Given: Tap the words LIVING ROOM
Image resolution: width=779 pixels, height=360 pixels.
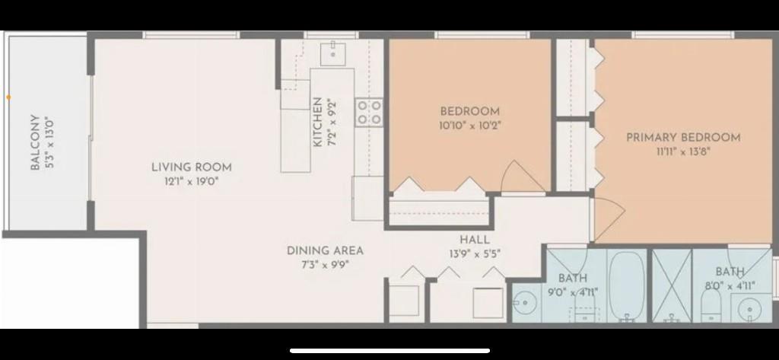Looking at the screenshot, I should coord(191,167).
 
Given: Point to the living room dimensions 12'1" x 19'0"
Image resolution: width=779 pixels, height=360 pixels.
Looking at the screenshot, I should coord(191,181).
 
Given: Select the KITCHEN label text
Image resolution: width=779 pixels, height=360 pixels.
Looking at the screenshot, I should coord(317,122).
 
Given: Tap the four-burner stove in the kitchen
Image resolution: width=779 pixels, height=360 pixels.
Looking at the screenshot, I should coord(370,113).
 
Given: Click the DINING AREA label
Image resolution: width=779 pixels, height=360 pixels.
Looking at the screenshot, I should coord(325,250).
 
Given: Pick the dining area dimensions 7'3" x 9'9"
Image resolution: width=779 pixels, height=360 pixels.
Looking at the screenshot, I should coord(325,265).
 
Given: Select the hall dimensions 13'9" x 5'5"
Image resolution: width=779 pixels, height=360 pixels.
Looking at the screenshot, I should coord(474,253).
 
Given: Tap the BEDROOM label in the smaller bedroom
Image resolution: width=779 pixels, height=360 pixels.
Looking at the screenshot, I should coord(470,111).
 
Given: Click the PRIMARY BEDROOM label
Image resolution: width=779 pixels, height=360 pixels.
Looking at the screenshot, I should coord(683,138).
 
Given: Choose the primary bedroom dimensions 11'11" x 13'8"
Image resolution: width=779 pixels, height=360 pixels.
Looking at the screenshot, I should coord(683,151).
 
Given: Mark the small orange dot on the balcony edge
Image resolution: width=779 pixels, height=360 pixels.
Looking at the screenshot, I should coord(8,97).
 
